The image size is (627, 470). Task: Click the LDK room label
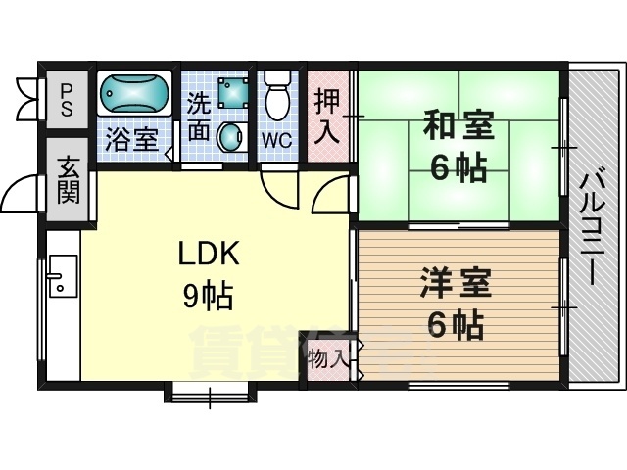[x=209, y=253]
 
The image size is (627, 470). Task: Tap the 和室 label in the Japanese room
[x=458, y=126]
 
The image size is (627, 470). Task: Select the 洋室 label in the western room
[x=456, y=284]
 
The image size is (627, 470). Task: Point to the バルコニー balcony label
[x=591, y=226]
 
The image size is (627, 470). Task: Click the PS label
[x=66, y=99]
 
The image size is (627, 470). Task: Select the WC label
[x=276, y=139]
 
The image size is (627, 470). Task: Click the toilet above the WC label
[x=277, y=95]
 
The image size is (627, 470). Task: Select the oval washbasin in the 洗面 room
[x=231, y=137]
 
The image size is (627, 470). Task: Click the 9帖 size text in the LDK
[x=209, y=294]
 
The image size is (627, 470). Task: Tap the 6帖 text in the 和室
[x=458, y=167]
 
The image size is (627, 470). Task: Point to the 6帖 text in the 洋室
[x=456, y=324]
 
